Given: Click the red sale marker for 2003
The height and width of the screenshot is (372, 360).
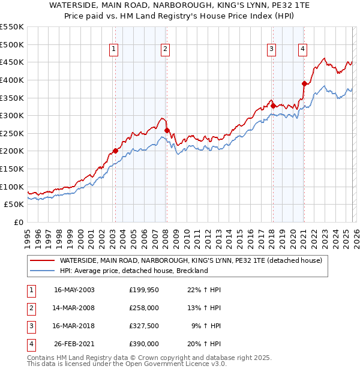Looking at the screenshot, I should (x=115, y=151).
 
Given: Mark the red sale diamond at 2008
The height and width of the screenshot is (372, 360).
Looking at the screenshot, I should (x=167, y=130).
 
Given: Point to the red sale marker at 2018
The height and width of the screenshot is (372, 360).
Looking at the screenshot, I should (x=273, y=106).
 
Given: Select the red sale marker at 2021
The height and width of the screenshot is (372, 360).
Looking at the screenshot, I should (x=304, y=83).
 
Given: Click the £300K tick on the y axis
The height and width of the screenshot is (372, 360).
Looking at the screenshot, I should (x=11, y=115).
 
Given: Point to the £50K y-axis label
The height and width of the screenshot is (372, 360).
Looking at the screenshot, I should (x=14, y=204).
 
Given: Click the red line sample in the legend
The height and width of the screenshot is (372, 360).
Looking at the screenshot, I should (x=42, y=260).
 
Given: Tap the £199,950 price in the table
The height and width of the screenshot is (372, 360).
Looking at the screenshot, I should (x=144, y=290).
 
